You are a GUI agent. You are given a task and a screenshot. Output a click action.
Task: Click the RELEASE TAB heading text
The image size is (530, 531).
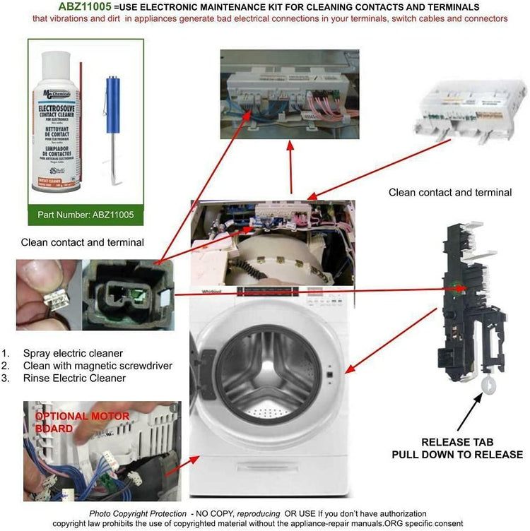click(x=457, y=442)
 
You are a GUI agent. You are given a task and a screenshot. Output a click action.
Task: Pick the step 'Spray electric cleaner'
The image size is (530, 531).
click(x=73, y=353)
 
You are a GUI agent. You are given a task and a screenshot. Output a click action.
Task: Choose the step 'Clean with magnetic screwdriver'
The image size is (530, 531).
click(x=98, y=366)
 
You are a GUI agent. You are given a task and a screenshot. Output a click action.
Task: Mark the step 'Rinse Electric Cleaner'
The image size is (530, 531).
click(x=74, y=378)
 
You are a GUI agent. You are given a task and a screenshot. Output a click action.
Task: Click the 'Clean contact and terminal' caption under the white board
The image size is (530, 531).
click(x=450, y=192)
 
